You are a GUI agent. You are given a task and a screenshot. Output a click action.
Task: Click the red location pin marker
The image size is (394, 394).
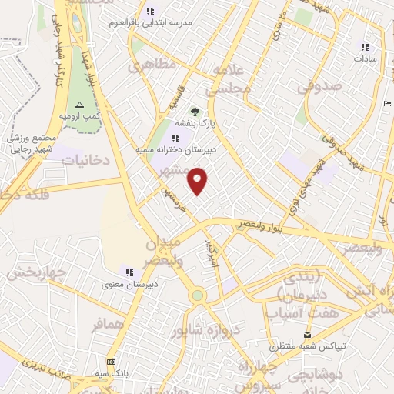(199, 182)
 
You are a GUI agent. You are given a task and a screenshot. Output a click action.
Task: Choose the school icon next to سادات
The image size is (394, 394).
(364, 46)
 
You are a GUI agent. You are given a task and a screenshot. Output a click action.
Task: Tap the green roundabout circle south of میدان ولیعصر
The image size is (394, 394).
(198, 295)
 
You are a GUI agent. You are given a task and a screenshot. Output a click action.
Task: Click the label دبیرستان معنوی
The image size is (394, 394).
(130, 284)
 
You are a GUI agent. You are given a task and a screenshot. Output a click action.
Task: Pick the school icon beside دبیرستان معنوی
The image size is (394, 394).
(129, 272)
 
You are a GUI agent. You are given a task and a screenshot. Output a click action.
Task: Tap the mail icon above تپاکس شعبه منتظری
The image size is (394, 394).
(308, 334)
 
